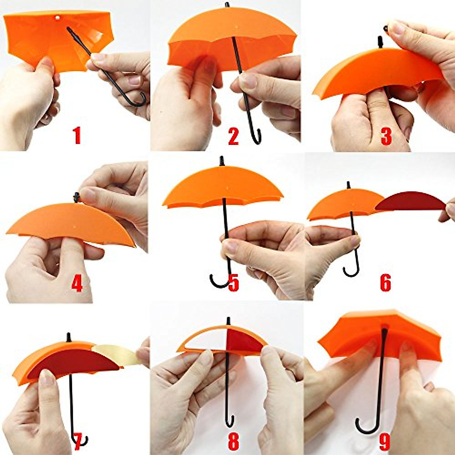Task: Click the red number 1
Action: [77, 136]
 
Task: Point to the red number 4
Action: [77, 284]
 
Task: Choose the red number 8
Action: [233, 441]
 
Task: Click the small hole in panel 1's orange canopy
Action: [58, 17]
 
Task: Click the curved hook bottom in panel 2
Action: [256, 138]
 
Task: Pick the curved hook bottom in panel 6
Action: [351, 272]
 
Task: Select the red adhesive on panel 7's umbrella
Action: [76, 362]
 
